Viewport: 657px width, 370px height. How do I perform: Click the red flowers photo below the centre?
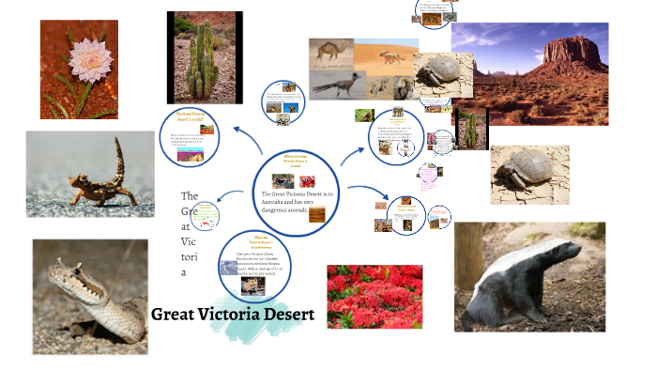pos(374,296)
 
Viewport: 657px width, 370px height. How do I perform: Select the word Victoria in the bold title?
pos(225,314)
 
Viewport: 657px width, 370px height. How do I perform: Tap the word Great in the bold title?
pos(174,314)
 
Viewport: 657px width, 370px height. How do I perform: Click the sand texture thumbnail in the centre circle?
pos(317,214)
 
